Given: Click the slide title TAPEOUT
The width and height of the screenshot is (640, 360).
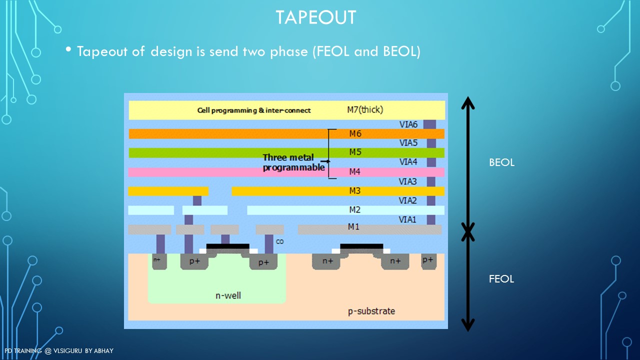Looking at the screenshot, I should click(x=316, y=17).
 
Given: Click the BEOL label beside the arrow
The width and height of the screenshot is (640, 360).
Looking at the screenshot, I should click(x=501, y=162).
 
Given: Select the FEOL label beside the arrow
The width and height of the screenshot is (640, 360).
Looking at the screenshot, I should click(x=501, y=279).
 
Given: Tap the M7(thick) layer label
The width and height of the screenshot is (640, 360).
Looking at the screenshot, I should click(x=365, y=109).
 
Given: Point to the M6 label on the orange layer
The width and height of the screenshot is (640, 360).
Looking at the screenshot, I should click(x=355, y=133).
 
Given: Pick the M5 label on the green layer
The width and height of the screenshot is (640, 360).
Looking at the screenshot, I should click(x=355, y=152).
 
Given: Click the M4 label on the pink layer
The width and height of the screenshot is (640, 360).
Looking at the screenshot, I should click(x=355, y=172).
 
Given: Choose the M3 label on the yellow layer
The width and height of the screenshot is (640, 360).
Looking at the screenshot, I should click(x=355, y=191).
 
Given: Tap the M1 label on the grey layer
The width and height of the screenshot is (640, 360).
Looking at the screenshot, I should click(x=353, y=227).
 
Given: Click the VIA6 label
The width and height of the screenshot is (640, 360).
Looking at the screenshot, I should click(x=408, y=124).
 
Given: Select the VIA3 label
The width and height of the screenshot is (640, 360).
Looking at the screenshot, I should click(x=408, y=181).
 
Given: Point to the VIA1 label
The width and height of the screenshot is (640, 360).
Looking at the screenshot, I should click(x=407, y=219).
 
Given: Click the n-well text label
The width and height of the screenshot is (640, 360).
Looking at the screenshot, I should click(x=228, y=295).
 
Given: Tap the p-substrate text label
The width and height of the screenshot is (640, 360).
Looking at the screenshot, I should click(x=371, y=311).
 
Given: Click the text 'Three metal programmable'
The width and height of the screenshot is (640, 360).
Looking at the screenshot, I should click(x=294, y=162).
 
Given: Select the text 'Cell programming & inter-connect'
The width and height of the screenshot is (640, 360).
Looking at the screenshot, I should click(x=254, y=110).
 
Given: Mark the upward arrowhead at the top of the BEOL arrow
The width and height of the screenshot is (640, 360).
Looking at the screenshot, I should click(x=467, y=101).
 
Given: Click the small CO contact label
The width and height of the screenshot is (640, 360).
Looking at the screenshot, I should click(x=280, y=242).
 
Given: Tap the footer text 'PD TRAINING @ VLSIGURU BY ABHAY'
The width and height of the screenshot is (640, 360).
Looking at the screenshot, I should click(x=59, y=351).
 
